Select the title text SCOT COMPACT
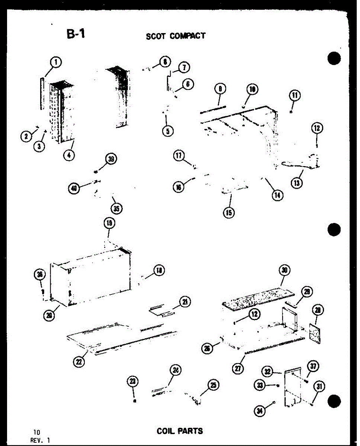pos(176,36)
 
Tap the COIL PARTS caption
pos(180,431)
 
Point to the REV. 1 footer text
pos(41,440)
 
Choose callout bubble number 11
pos(295,96)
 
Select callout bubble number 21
pos(184,302)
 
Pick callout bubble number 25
pos(213,385)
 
